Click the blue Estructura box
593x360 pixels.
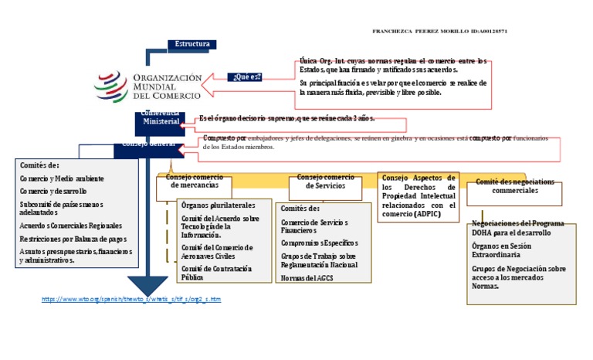(x=191, y=44)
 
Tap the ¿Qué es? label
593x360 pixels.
(x=246, y=76)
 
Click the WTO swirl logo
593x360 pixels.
(x=113, y=86)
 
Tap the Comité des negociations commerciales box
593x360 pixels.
(x=515, y=185)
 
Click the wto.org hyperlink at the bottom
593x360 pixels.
(x=130, y=298)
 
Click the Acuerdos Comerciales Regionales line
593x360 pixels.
(x=70, y=226)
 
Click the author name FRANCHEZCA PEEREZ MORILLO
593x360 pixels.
(x=418, y=31)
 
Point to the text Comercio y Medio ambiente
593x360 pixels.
(x=62, y=178)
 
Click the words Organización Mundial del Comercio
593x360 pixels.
(x=168, y=87)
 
